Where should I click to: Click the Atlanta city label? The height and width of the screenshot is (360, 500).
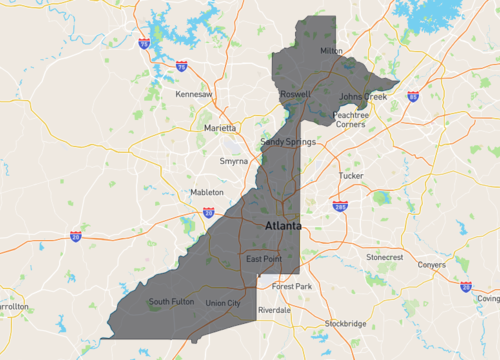pyautogui.click(x=284, y=227)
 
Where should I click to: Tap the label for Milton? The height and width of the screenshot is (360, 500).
pyautogui.click(x=330, y=50)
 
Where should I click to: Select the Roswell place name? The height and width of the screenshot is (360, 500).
pyautogui.click(x=295, y=94)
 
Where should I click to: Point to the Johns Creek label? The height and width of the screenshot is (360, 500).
pyautogui.click(x=361, y=96)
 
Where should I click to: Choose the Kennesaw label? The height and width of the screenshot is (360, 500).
pyautogui.click(x=195, y=94)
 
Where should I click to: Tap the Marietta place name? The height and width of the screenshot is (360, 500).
pyautogui.click(x=221, y=129)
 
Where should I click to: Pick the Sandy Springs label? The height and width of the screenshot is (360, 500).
pyautogui.click(x=288, y=142)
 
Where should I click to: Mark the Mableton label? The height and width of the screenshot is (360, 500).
pyautogui.click(x=207, y=192)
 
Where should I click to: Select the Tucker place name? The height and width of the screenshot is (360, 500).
pyautogui.click(x=351, y=175)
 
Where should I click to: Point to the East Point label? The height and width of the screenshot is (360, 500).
pyautogui.click(x=265, y=260)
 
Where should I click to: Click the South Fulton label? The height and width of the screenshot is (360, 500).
pyautogui.click(x=170, y=301)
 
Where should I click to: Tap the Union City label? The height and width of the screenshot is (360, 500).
pyautogui.click(x=222, y=303)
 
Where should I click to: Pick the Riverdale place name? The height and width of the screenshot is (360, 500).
pyautogui.click(x=274, y=311)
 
